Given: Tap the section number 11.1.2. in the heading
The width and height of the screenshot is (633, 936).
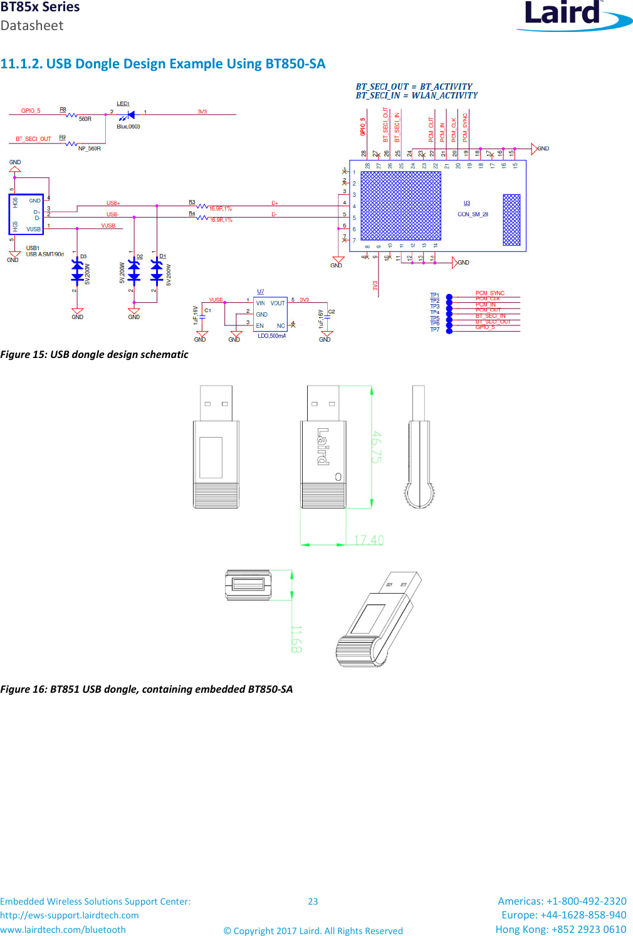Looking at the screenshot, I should pyautogui.click(x=21, y=64).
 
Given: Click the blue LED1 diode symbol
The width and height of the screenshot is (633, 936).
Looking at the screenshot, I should pyautogui.click(x=130, y=115).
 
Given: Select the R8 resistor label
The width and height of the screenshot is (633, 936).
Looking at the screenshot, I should pyautogui.click(x=63, y=110).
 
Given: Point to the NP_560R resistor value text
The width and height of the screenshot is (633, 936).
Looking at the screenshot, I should pyautogui.click(x=89, y=149).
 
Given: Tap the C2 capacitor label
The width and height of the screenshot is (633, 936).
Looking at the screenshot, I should pyautogui.click(x=332, y=312).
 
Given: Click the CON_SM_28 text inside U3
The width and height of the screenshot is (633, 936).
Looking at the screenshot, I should pyautogui.click(x=473, y=214).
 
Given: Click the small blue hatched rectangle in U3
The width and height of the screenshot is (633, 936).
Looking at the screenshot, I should pyautogui.click(x=511, y=220).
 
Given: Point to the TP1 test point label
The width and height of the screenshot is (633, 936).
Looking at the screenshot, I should pyautogui.click(x=434, y=295).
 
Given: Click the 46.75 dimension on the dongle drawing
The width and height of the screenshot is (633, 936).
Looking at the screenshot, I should pyautogui.click(x=377, y=446).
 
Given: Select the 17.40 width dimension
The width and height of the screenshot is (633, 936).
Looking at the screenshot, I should pyautogui.click(x=369, y=540).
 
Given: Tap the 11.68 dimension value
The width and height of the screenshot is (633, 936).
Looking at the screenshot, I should pyautogui.click(x=296, y=639).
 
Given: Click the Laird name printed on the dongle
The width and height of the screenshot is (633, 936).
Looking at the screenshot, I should pyautogui.click(x=323, y=446).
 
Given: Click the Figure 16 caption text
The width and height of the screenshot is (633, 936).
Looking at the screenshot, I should pyautogui.click(x=147, y=689).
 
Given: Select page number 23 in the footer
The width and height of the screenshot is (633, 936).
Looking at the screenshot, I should pyautogui.click(x=313, y=902).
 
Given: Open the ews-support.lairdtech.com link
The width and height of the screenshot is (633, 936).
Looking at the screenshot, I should pyautogui.click(x=70, y=915).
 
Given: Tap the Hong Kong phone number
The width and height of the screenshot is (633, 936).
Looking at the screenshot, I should pyautogui.click(x=560, y=929).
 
